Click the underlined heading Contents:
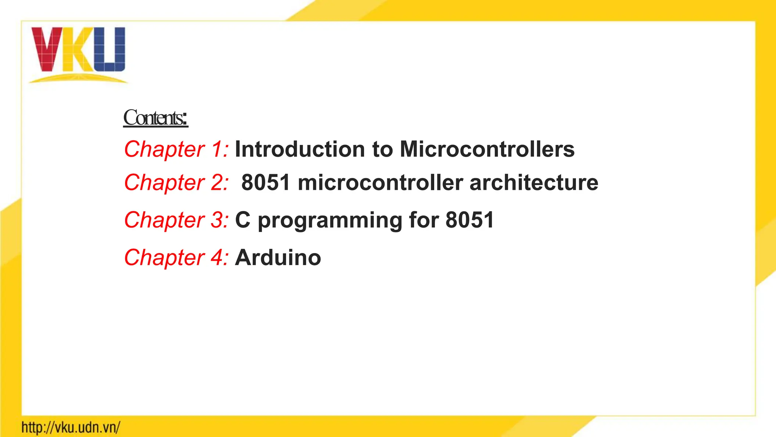[155, 118]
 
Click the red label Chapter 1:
[176, 149]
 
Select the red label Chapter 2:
[176, 182]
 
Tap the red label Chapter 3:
[176, 220]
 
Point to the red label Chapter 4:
[176, 258]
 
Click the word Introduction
[300, 149]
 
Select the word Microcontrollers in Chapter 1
[487, 149]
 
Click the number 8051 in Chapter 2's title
[266, 182]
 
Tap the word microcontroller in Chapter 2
[380, 182]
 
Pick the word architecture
[534, 182]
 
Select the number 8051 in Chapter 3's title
[470, 220]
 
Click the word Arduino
[278, 258]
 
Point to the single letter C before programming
[243, 220]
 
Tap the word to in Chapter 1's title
[383, 149]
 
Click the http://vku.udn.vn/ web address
[71, 428]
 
